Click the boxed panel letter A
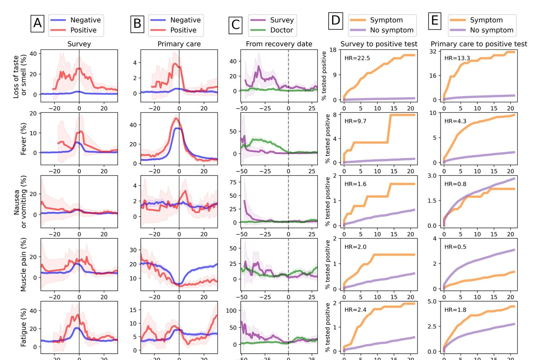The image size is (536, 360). (x=38, y=24)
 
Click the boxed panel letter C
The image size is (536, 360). (x=236, y=25)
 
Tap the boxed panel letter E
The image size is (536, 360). (x=435, y=21)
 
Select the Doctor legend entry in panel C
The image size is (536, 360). (x=272, y=30)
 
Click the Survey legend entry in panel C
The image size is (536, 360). (x=272, y=20)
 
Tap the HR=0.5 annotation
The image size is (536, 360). (x=454, y=247)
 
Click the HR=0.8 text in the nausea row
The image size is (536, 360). (x=454, y=184)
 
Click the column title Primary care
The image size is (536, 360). (x=179, y=43)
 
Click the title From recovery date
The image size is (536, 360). (x=279, y=43)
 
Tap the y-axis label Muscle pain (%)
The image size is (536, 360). (x=24, y=264)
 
